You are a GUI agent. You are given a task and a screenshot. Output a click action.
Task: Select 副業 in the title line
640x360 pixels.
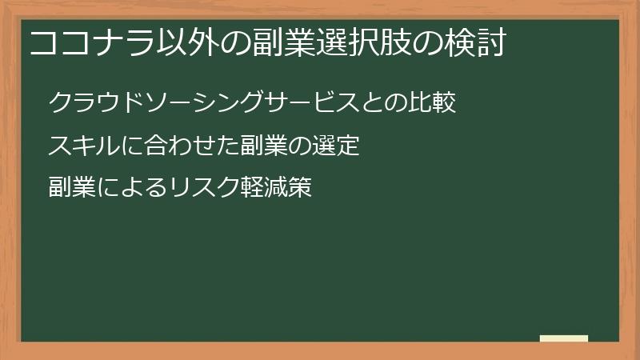click(270, 44)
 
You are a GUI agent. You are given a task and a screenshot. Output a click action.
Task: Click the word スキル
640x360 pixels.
click(81, 146)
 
